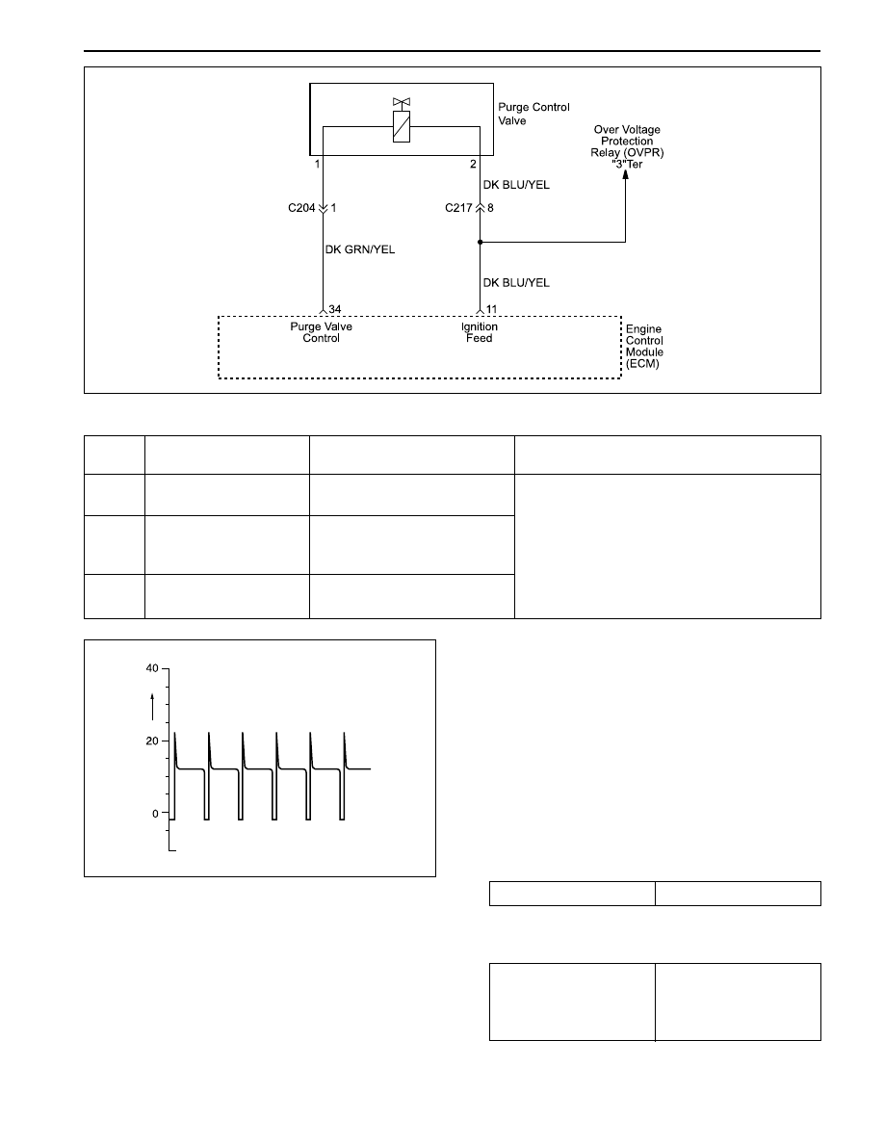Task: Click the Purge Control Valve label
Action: (533, 114)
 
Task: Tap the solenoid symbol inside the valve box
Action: (402, 126)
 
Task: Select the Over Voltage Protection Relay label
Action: (627, 146)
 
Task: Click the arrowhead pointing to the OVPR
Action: (625, 175)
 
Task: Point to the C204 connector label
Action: (301, 208)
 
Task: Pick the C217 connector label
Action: (458, 208)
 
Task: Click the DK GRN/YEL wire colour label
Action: (360, 249)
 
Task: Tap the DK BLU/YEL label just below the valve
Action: (516, 185)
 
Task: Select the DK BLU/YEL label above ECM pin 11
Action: (516, 282)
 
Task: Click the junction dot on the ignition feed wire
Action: (480, 242)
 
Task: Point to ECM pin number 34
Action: (335, 309)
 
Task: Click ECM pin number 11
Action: (492, 309)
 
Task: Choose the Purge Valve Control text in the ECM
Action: (321, 332)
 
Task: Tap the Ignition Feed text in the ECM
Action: (480, 332)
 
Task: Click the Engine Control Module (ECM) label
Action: (644, 347)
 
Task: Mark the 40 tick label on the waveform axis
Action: (152, 668)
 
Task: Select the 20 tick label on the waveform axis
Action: (152, 741)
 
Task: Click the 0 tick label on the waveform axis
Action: (155, 815)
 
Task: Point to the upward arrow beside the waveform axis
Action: (152, 707)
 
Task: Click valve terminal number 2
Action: (473, 164)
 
